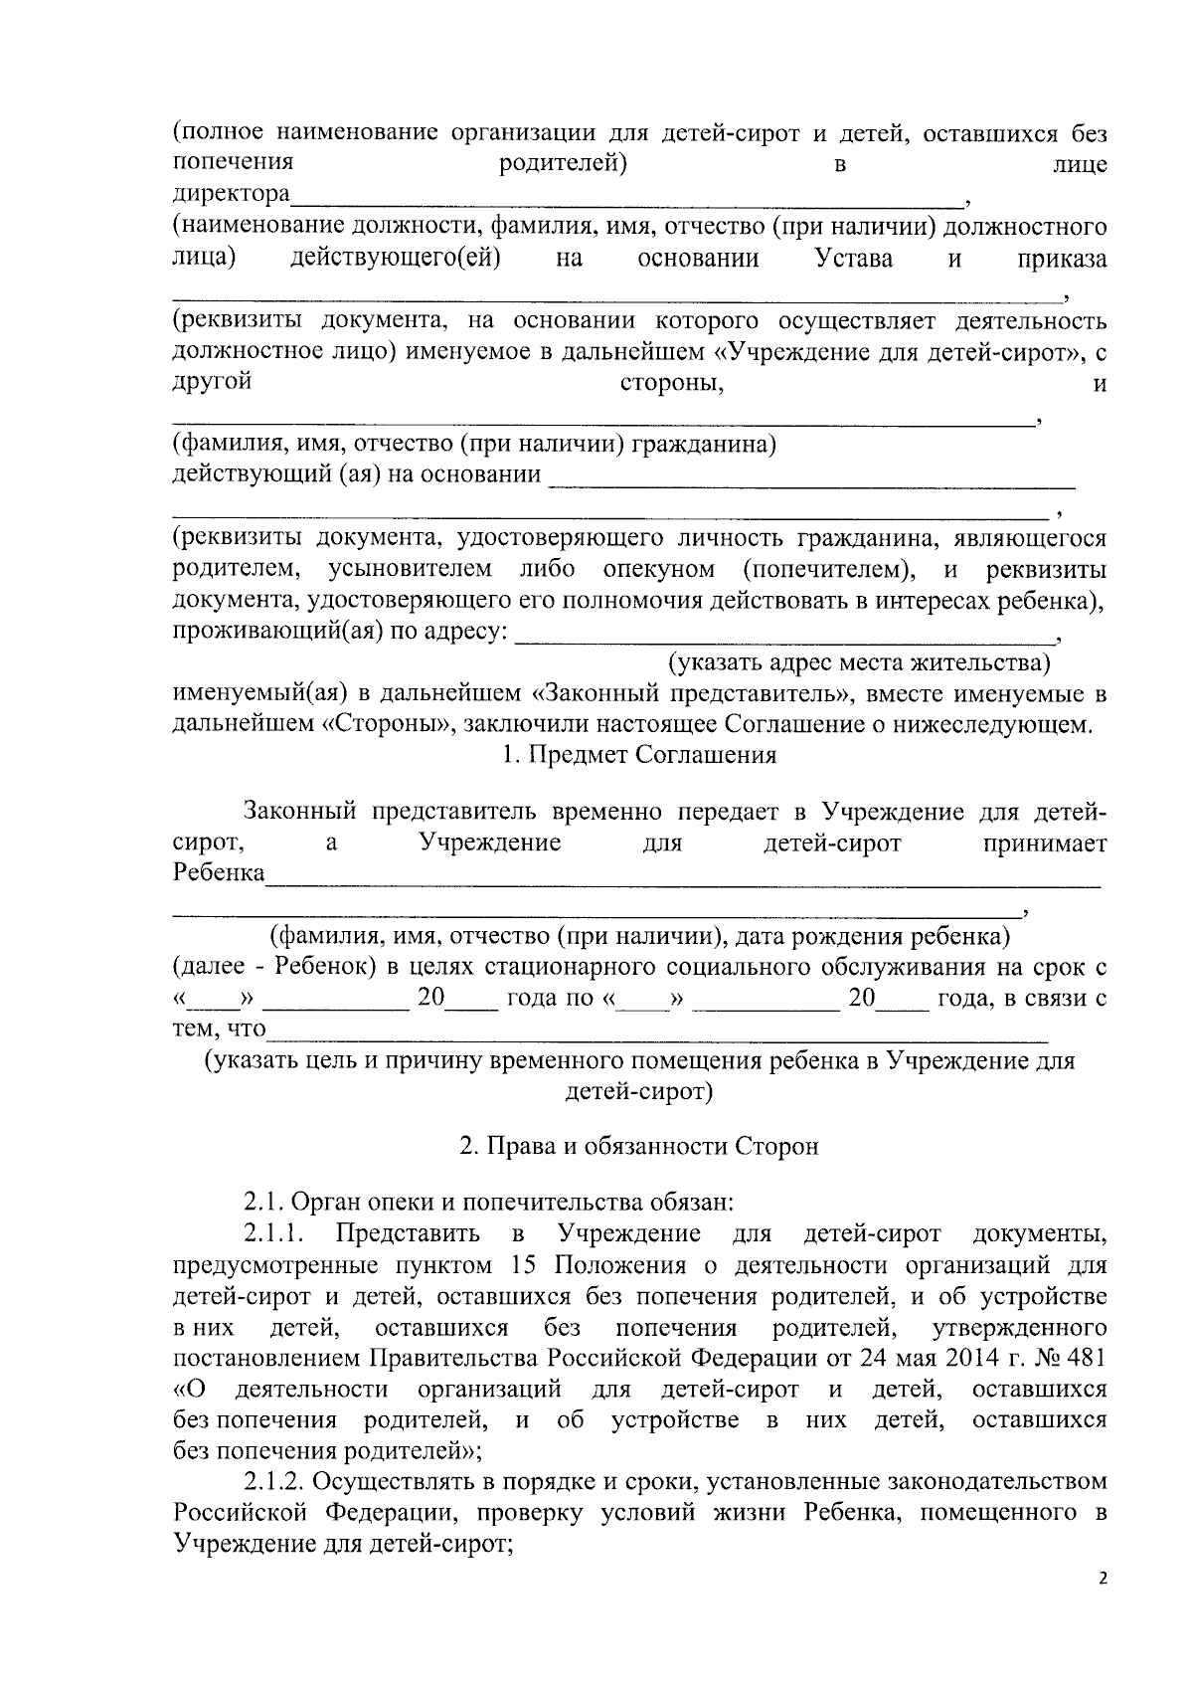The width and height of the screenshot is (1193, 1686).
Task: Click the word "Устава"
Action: pyautogui.click(x=853, y=260)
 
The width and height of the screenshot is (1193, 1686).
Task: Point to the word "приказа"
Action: pyautogui.click(x=1062, y=260)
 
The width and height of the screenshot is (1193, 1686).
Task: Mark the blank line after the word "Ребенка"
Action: pyautogui.click(x=684, y=879)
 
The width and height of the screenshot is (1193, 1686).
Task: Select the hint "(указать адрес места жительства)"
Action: pyautogui.click(x=859, y=662)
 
